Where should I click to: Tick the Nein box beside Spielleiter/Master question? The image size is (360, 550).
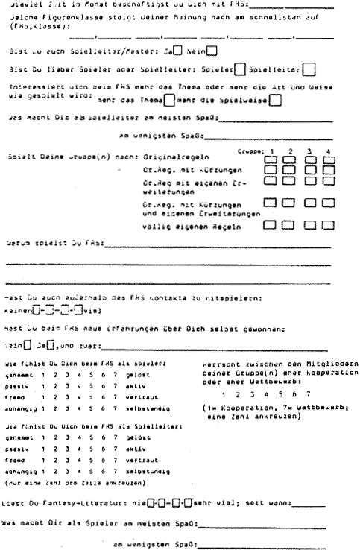[x=211, y=51]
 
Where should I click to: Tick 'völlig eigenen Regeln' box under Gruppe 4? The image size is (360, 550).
[x=329, y=222]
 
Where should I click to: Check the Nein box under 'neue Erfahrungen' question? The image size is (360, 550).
[x=27, y=346]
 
